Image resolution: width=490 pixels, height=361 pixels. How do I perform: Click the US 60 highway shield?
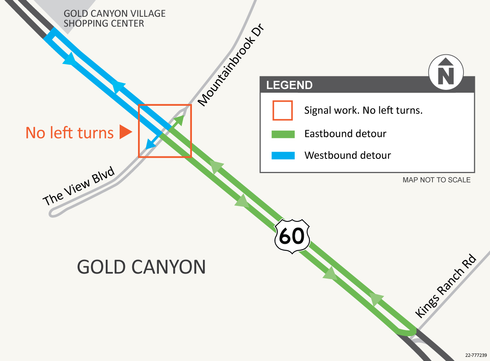coord(292,236)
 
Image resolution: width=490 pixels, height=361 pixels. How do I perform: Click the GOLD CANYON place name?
coord(141,267)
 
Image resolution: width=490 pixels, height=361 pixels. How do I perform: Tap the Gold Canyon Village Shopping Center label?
coord(114,18)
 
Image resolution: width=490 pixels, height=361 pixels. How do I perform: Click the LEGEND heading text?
coord(289,85)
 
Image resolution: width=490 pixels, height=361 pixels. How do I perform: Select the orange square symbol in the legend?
coord(282,110)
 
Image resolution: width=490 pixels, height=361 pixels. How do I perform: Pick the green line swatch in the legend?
coord(283,134)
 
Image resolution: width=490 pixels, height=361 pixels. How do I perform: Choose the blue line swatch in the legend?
coord(283,156)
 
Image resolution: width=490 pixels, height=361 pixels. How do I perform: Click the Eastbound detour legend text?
coord(345,134)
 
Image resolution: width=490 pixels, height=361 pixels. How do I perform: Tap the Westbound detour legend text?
coord(347,156)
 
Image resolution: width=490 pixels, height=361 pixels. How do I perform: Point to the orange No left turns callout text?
coord(69,133)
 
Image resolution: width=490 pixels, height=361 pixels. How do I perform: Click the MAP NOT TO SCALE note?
coord(436,180)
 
